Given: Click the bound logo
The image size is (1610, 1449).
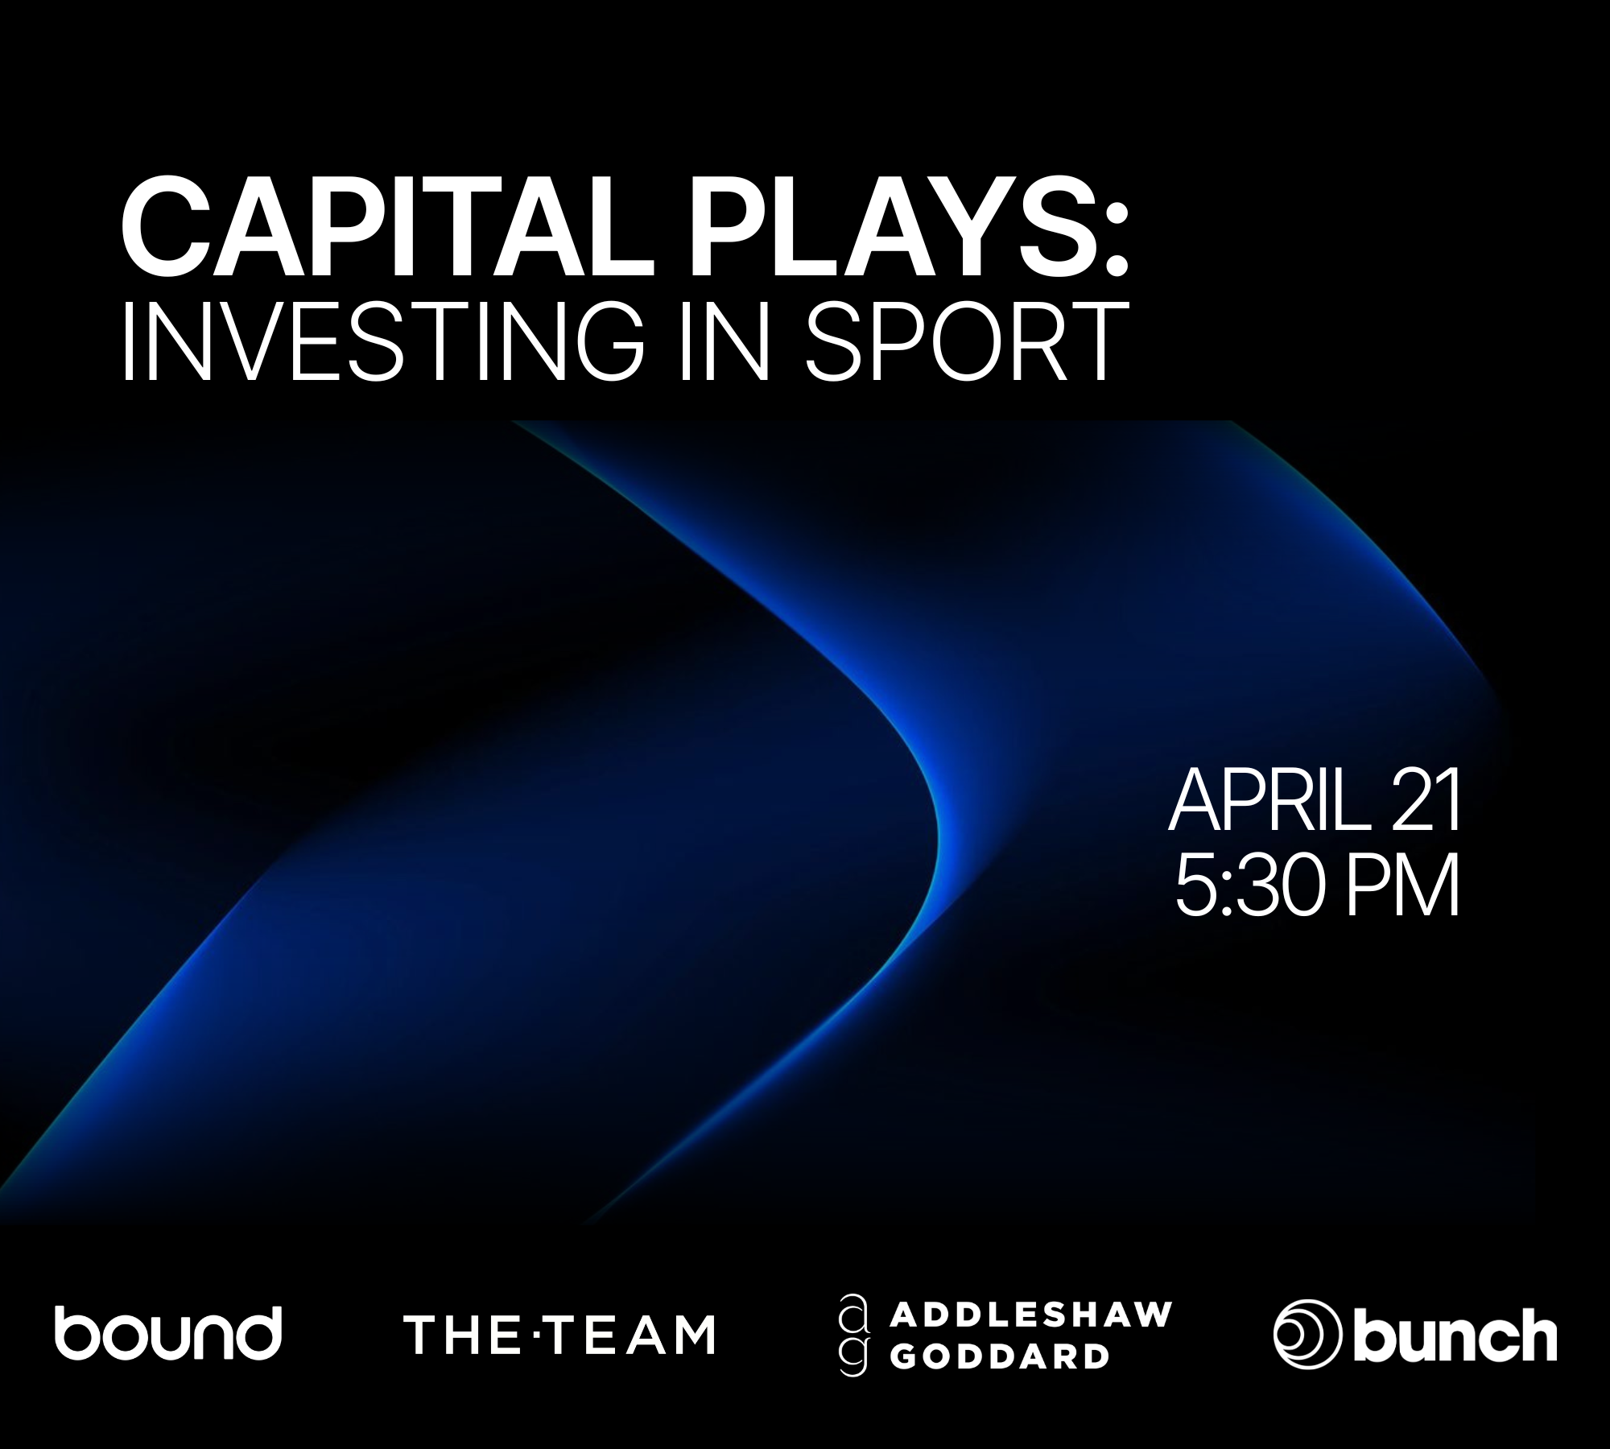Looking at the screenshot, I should pos(167,1333).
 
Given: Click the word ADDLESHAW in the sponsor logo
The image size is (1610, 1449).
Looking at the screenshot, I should pos(1030,1315).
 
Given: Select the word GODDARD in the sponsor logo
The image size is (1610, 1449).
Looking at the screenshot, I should pos(998,1357).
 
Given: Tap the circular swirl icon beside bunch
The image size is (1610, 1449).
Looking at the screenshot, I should pos(1307,1335).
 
